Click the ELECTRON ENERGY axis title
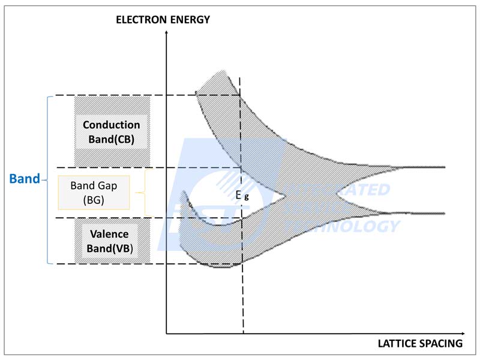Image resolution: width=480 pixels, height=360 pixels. [x=163, y=19]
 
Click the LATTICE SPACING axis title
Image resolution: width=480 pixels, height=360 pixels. [x=420, y=344]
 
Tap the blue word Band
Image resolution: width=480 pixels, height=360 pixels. [x=24, y=179]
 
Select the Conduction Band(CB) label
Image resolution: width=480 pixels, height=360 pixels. [x=112, y=133]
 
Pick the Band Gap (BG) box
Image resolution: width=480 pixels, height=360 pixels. [x=94, y=193]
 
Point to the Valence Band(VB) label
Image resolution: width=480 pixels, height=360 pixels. [x=112, y=241]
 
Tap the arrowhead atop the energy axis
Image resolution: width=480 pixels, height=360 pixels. [x=166, y=31]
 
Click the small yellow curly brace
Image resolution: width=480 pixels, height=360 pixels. [x=142, y=192]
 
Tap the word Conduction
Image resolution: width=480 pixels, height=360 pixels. [x=112, y=125]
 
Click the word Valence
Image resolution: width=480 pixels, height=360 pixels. [x=112, y=234]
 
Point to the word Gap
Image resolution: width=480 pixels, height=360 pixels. [x=106, y=185]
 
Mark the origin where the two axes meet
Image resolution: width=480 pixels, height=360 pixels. [x=166, y=332]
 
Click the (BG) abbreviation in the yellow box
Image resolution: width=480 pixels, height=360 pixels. [x=94, y=200]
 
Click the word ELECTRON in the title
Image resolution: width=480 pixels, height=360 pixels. [x=139, y=19]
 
